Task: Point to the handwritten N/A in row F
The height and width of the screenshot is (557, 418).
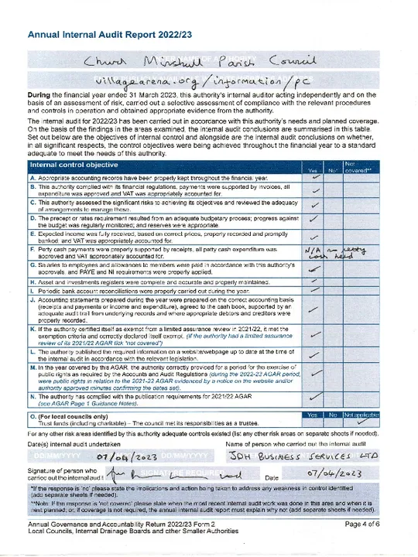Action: pos(313,251)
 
